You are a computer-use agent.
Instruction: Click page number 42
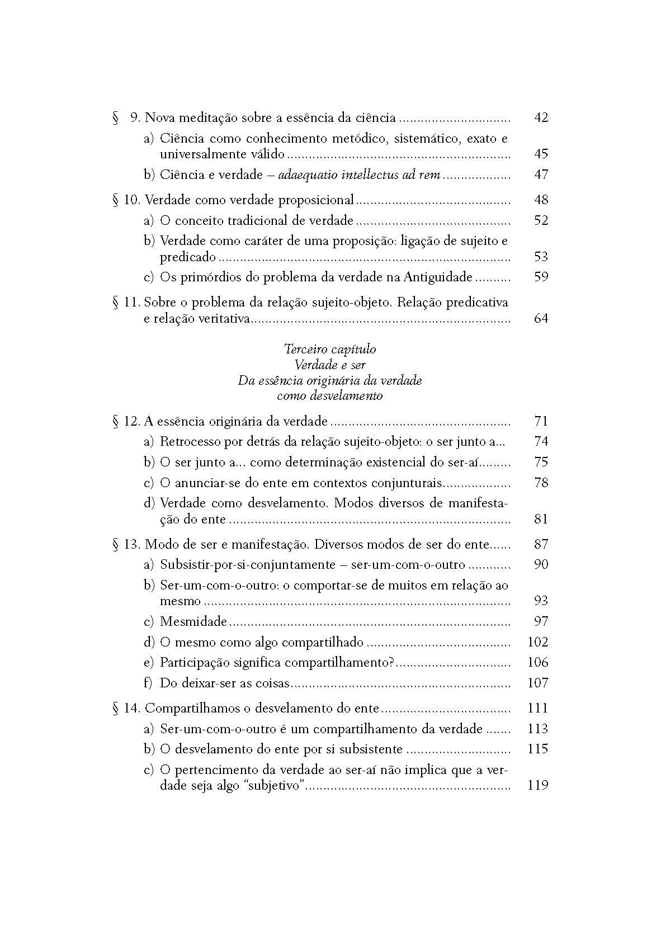541,118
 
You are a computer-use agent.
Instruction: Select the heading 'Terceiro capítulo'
330,350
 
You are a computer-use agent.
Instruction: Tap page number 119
537,785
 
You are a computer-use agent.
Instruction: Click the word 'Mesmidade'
193,621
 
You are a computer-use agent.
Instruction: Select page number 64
541,319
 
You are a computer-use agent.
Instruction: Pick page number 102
537,642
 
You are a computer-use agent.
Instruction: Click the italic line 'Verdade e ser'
330,365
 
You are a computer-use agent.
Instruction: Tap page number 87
541,544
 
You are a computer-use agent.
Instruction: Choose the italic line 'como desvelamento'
330,396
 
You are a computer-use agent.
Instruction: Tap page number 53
541,257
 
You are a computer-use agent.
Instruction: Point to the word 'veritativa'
223,319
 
